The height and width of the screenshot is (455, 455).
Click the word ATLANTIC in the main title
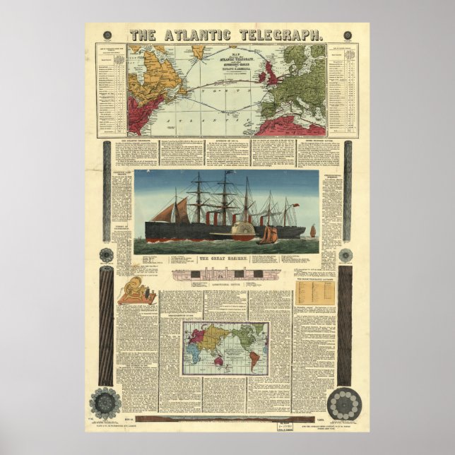coord(195,34)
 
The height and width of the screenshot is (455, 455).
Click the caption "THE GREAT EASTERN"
coord(225,260)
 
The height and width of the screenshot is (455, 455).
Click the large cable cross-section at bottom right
coord(345,402)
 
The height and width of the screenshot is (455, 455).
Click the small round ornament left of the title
coord(107,35)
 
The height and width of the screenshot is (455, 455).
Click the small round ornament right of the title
coord(348,35)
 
